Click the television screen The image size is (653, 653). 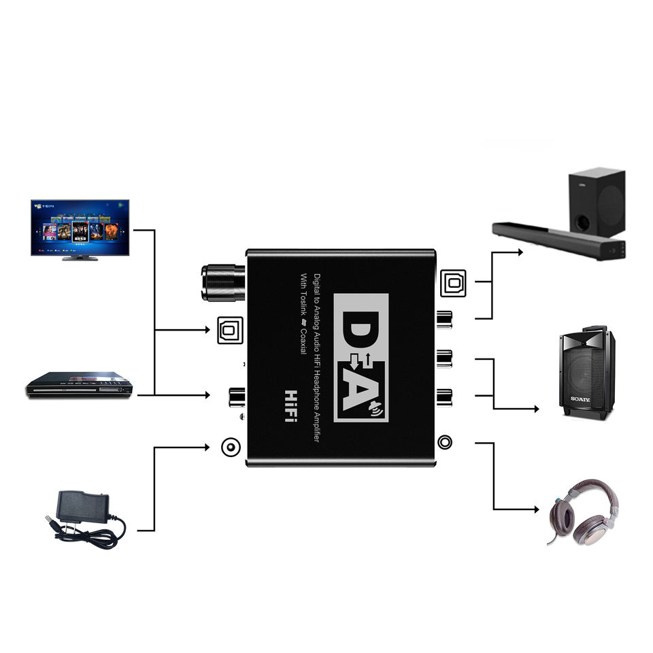click(80, 227)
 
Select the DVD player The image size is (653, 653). click(79, 386)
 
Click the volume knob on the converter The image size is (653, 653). click(222, 283)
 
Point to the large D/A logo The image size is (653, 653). click(361, 357)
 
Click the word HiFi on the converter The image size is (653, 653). click(290, 405)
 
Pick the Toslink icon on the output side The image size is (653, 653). click(452, 282)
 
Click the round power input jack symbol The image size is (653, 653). click(231, 448)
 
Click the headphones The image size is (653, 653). click(584, 512)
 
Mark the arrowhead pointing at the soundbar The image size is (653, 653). click(520, 252)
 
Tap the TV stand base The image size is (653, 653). click(80, 258)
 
